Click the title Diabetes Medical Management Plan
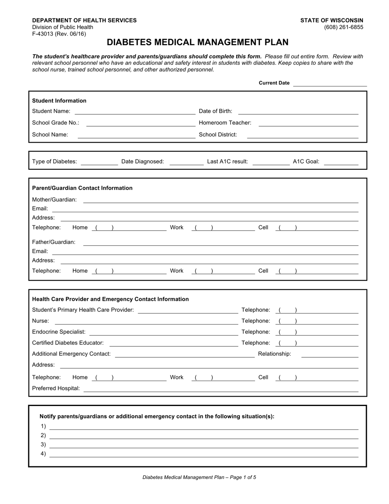(x=197, y=42)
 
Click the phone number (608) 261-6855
(x=343, y=27)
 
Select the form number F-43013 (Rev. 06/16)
(x=59, y=34)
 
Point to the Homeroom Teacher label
(x=225, y=123)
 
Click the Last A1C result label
(x=227, y=161)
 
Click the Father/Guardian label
(x=54, y=242)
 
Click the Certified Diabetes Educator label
(x=68, y=343)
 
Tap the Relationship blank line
(x=329, y=356)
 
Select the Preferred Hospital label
(x=56, y=388)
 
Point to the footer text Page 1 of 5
(x=199, y=477)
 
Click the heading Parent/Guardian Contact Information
(x=82, y=188)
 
